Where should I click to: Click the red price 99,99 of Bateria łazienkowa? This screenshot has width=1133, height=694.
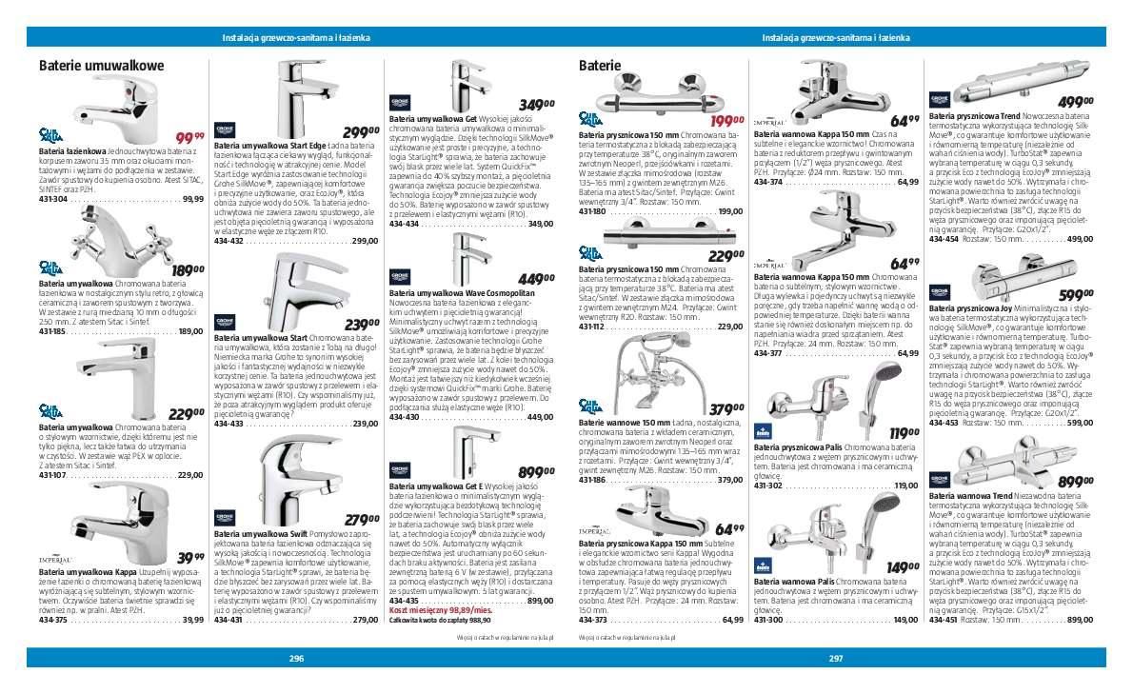tap(190, 138)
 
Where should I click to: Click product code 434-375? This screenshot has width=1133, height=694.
tap(52, 620)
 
